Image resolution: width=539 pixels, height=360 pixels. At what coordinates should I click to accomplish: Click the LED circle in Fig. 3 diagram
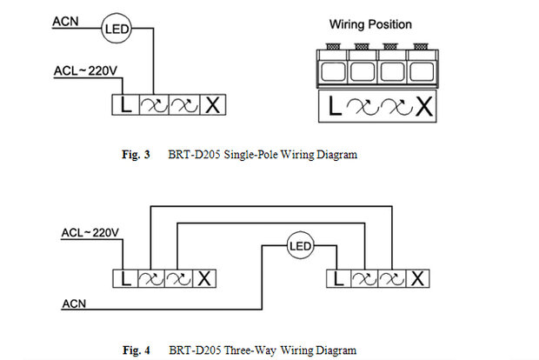pyautogui.click(x=116, y=30)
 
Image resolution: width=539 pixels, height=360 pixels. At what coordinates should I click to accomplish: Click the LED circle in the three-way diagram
pyautogui.click(x=299, y=246)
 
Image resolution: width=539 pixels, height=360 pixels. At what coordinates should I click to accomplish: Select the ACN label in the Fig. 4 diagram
pyautogui.click(x=74, y=303)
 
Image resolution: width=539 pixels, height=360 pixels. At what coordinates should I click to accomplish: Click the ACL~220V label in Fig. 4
pyautogui.click(x=90, y=233)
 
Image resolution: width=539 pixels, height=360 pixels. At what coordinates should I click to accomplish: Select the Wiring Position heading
pyautogui.click(x=370, y=24)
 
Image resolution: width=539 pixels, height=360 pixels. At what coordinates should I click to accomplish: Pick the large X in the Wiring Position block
pyautogui.click(x=423, y=107)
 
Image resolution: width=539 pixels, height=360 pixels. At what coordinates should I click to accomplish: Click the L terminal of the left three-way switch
pyautogui.click(x=126, y=278)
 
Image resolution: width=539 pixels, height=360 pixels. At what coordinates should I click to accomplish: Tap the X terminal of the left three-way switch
pyautogui.click(x=206, y=278)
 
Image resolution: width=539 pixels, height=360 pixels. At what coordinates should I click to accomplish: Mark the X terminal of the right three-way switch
pyautogui.click(x=418, y=278)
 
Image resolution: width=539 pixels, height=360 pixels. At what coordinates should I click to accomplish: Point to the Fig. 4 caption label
pyautogui.click(x=136, y=350)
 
